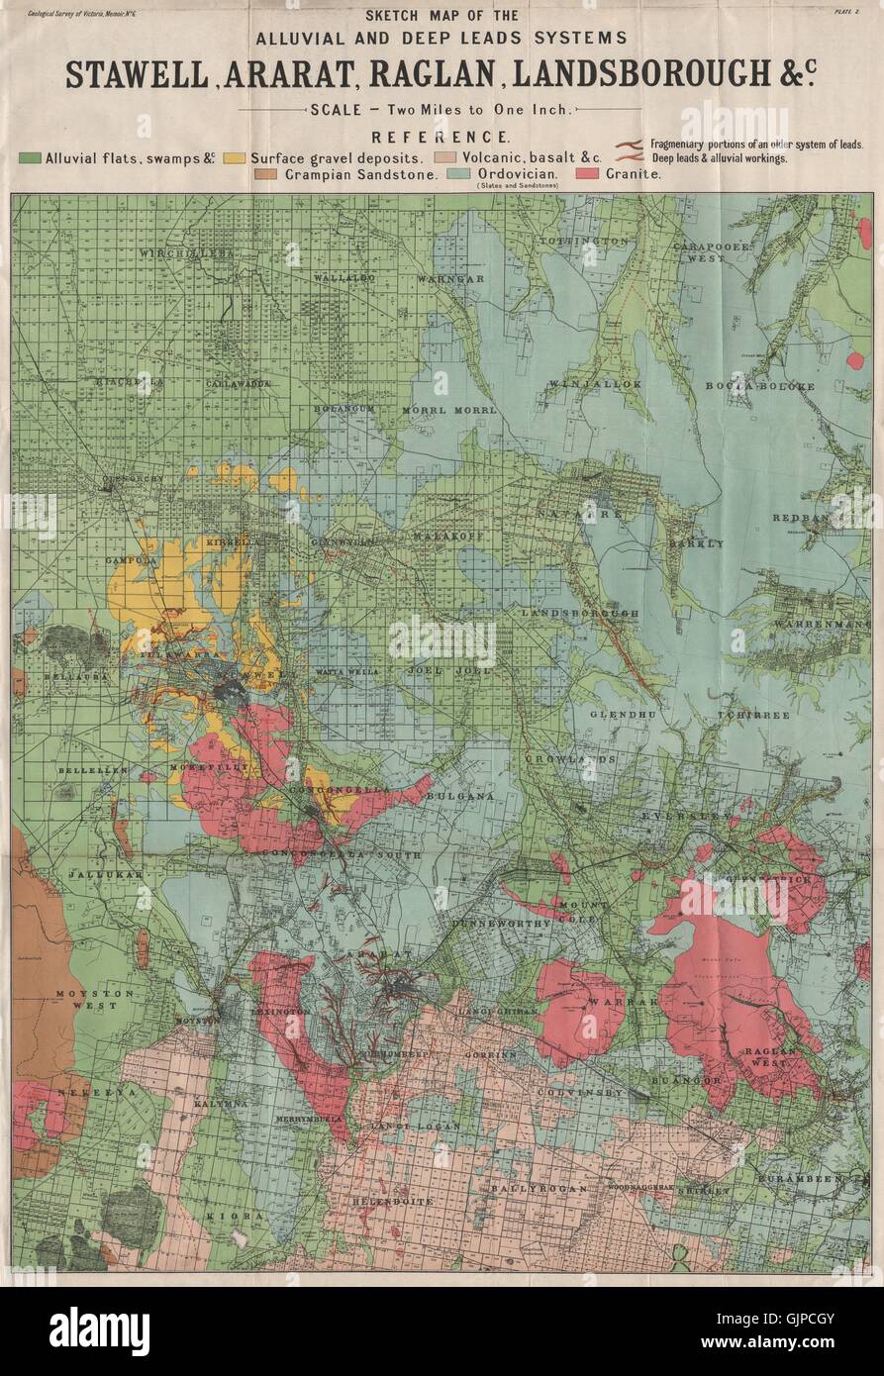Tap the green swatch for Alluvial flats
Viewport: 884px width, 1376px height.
(30, 157)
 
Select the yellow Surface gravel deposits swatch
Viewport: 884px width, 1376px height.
(235, 157)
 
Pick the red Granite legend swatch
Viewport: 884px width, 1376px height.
(587, 173)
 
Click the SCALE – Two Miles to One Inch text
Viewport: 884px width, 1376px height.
(441, 111)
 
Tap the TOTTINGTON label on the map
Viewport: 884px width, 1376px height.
(584, 241)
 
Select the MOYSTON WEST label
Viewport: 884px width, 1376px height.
(86, 998)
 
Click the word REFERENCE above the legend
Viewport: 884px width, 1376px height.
(441, 137)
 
